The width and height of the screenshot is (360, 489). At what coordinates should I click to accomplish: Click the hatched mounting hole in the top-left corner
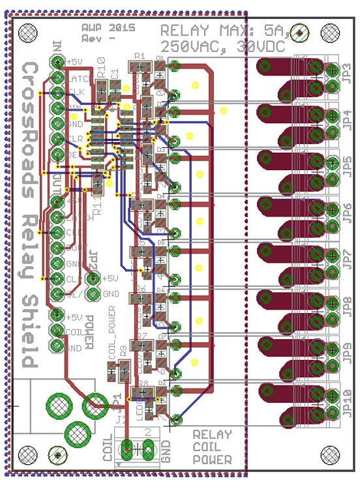pyautogui.click(x=28, y=31)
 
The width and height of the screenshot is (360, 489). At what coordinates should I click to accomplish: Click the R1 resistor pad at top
pyautogui.click(x=137, y=67)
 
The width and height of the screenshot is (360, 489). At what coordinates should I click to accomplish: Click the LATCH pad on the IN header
pyautogui.click(x=58, y=77)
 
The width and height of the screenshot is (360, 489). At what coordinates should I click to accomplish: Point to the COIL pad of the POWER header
pyautogui.click(x=58, y=331)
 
